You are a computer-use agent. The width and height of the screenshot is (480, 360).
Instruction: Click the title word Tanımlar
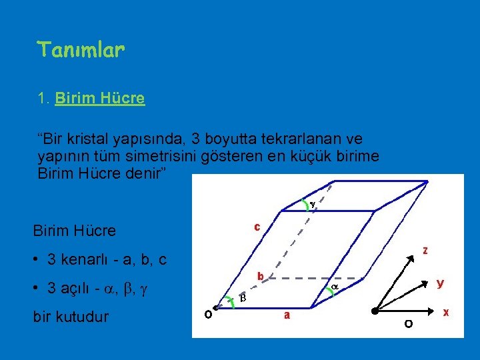(81, 49)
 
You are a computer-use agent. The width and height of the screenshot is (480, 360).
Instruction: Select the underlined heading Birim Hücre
(100, 99)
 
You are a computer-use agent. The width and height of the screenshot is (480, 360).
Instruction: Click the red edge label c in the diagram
(257, 227)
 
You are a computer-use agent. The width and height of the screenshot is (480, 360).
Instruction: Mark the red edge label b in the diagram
(261, 276)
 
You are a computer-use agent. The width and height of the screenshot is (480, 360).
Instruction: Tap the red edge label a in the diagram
(287, 315)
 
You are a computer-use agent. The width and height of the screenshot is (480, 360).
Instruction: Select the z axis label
(424, 251)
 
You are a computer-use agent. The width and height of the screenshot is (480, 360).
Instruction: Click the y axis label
(440, 283)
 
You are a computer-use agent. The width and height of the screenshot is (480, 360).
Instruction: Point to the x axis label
(445, 311)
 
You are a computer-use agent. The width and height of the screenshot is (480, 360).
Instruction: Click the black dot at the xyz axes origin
(376, 311)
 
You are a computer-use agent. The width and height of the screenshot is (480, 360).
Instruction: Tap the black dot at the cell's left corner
(219, 311)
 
